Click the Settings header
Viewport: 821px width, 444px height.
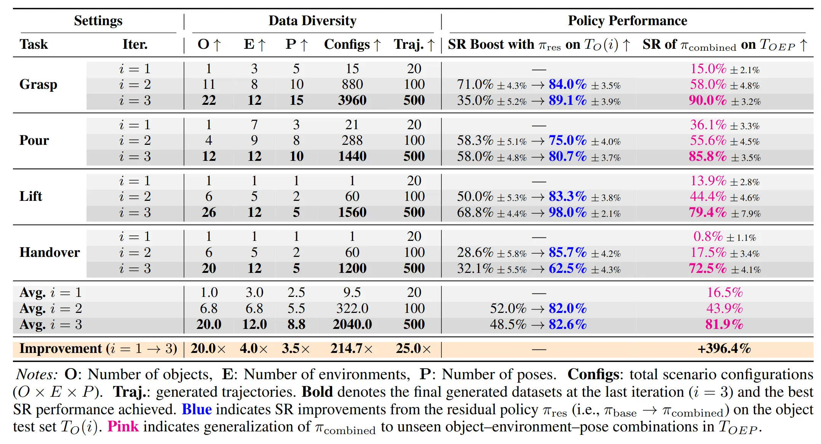click(98, 21)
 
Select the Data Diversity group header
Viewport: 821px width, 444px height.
click(312, 21)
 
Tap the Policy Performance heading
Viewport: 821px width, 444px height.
click(627, 21)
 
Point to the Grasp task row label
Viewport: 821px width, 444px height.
click(38, 84)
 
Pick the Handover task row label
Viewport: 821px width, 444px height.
click(50, 252)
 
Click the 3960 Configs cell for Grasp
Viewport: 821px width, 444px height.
click(352, 100)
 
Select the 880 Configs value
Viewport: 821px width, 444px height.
click(352, 84)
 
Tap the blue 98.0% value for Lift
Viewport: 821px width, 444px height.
click(567, 212)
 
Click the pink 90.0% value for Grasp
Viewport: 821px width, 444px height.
click(708, 100)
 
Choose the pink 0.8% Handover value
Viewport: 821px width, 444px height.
click(708, 237)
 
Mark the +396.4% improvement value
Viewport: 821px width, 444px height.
click(724, 348)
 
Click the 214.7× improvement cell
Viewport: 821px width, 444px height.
click(351, 348)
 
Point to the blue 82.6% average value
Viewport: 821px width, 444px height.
click(567, 324)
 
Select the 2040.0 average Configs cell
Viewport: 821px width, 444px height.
click(352, 324)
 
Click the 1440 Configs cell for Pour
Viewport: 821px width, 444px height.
click(352, 156)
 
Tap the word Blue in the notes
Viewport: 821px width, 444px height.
click(196, 409)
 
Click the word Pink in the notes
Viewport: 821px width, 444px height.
click(123, 426)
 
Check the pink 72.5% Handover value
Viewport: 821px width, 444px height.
click(708, 268)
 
